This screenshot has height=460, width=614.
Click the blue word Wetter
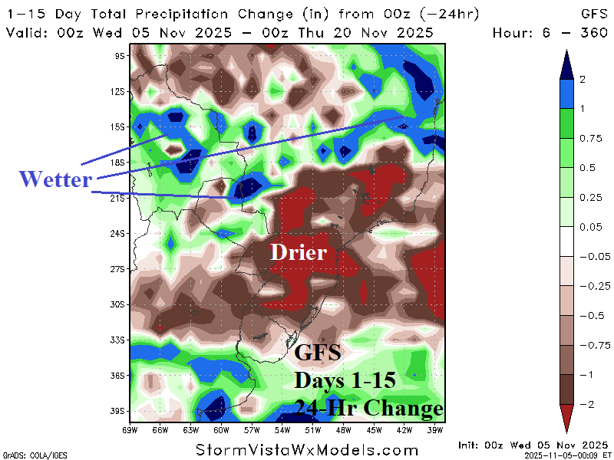tap(55, 179)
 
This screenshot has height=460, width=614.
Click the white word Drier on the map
tap(298, 252)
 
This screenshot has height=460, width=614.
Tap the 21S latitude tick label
tap(119, 198)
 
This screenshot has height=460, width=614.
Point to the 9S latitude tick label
tap(120, 56)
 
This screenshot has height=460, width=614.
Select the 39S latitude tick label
tap(119, 411)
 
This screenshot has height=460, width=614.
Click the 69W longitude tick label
tap(130, 430)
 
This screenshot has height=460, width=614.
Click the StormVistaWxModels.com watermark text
tap(307, 449)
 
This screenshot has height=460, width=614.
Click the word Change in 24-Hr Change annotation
tap(405, 407)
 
